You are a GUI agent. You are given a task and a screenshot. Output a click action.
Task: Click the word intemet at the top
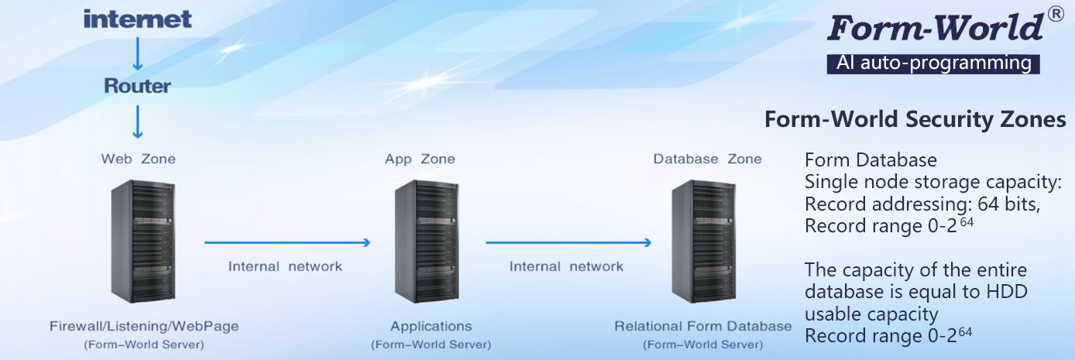coord(137,19)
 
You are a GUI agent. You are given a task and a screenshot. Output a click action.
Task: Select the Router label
coord(137,85)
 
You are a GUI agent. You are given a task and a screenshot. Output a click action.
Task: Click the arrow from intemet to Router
coord(137,53)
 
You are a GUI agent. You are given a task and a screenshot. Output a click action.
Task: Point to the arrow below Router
coord(137,121)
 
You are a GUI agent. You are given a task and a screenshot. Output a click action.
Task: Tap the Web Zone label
coord(138,159)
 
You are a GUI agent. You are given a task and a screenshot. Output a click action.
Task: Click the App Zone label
coord(420,159)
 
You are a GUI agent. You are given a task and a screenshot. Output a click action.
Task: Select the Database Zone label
coord(707,159)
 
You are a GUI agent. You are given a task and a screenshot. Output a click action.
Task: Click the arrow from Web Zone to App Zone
coord(287,243)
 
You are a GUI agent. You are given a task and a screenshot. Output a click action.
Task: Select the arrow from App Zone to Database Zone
coord(568,243)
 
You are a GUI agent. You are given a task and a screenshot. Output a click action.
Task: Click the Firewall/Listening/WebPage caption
coord(144,326)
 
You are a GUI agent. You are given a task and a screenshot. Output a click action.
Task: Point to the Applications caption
coord(431,326)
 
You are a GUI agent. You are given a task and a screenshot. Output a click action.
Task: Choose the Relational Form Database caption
coord(702,326)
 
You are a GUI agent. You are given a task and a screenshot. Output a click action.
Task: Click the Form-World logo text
coord(935,28)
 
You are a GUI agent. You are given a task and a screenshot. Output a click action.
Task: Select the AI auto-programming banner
coord(933,63)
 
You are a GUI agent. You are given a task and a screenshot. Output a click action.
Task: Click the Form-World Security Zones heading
coord(915,120)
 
